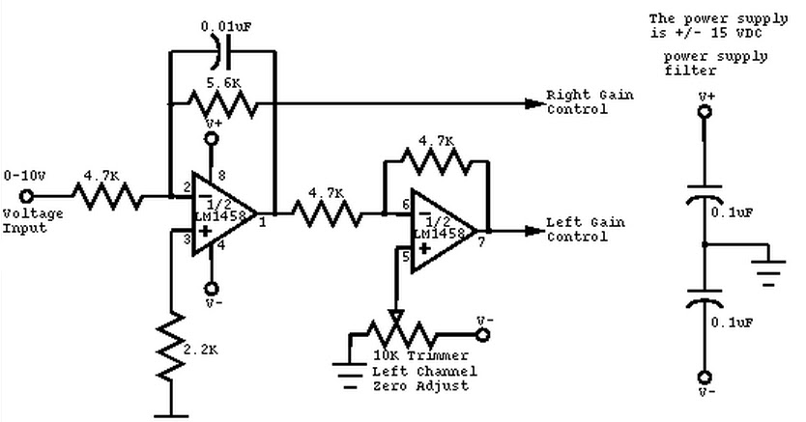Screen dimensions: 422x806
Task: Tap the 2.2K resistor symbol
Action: (x=171, y=345)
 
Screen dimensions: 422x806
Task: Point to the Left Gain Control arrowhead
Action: (x=533, y=231)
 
